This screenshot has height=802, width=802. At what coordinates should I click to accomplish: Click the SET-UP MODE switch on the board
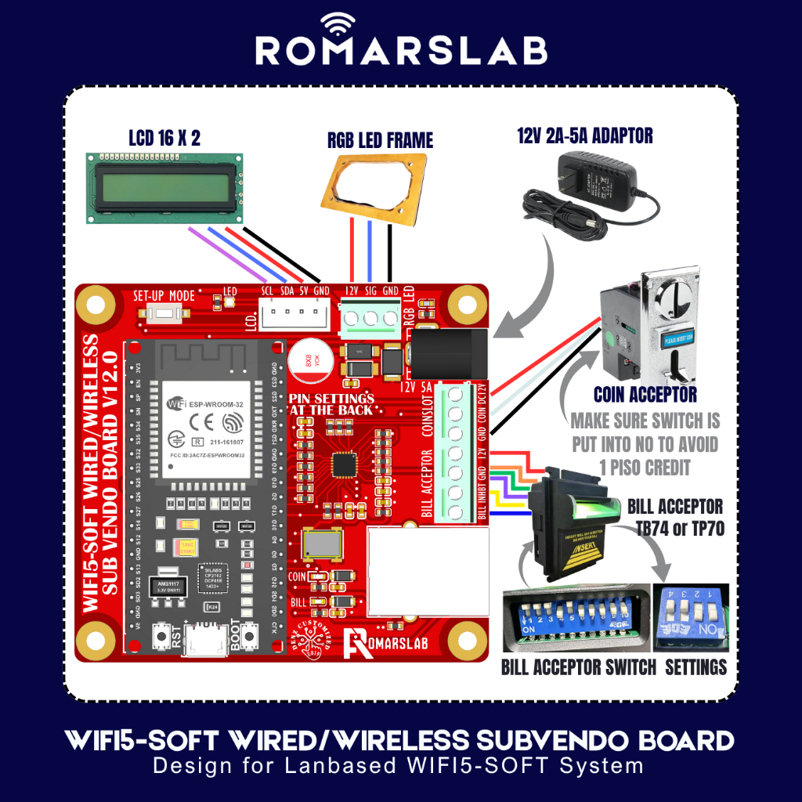[x=164, y=316]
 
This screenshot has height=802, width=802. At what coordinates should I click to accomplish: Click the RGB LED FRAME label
[x=380, y=141]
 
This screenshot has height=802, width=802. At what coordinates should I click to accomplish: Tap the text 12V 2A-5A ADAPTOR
[x=584, y=136]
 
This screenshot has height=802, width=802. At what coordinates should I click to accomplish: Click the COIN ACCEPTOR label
[x=645, y=394]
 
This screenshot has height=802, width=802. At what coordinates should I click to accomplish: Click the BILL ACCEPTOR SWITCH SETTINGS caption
[x=614, y=667]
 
